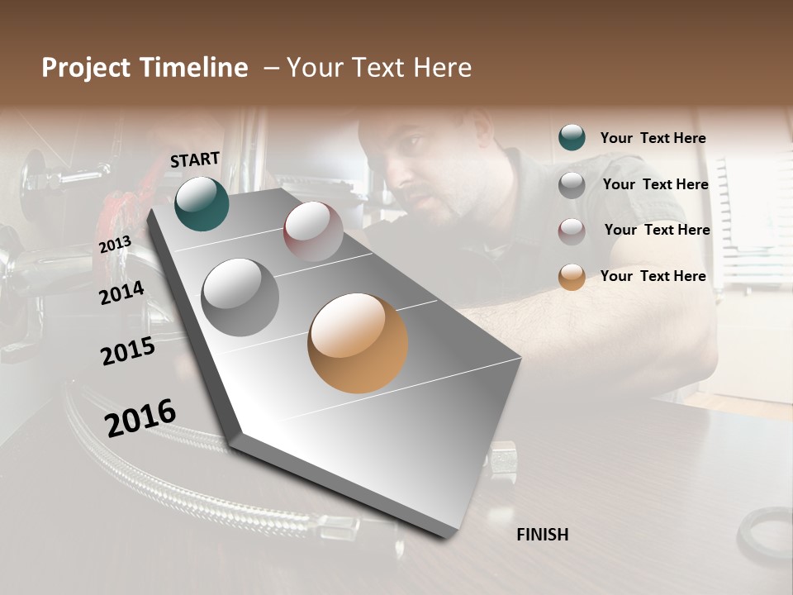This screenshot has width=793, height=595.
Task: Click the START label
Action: pos(195,159)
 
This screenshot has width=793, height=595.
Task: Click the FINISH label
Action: pos(542,535)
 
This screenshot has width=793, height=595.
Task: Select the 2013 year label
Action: pos(115,245)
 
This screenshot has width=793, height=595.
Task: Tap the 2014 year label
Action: pos(121,293)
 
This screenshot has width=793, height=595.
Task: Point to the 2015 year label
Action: pos(128,351)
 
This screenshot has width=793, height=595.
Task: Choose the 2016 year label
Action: pos(140,418)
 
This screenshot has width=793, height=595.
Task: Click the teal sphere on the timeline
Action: pos(202,203)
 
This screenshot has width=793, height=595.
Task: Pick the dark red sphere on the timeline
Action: pos(313,231)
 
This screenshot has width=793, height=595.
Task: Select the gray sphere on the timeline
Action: pos(240,297)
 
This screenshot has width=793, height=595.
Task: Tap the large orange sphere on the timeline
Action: pos(358,343)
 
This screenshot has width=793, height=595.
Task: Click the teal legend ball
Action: pos(572,137)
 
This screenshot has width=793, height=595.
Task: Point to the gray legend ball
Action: pos(572,184)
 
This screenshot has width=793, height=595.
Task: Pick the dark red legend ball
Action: pos(572,231)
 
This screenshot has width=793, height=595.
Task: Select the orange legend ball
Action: pos(572,277)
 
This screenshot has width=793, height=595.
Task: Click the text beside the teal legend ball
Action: pos(653,138)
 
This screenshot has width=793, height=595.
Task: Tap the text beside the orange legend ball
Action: pos(653,276)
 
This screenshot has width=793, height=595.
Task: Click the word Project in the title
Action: pos(87,68)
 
